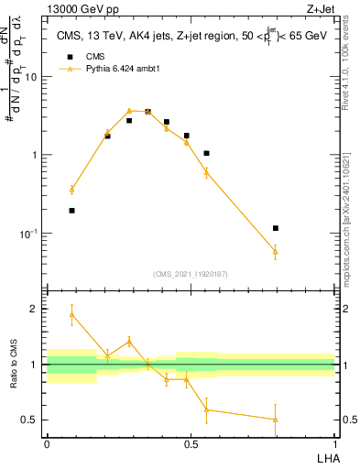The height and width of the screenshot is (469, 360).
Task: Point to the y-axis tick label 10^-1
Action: tap(27, 234)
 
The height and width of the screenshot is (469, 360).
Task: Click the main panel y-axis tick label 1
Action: tap(34, 155)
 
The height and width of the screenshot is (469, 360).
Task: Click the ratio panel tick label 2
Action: tap(34, 309)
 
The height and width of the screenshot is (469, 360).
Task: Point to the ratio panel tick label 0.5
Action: tap(29, 420)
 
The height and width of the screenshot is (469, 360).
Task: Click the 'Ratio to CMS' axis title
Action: tap(14, 365)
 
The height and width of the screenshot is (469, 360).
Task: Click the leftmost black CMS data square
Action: tap(71, 210)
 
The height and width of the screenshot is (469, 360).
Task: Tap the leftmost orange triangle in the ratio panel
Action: tap(71, 314)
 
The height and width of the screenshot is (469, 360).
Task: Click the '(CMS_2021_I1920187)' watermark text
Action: tap(191, 273)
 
